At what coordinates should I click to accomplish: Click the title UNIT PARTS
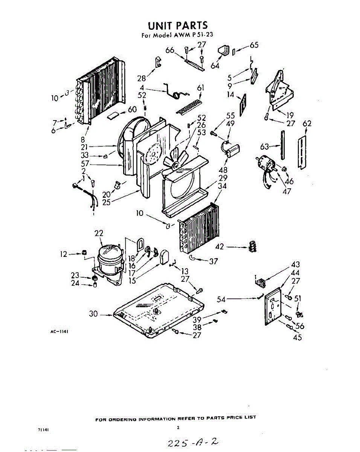[x=178, y=26]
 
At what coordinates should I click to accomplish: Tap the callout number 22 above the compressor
[x=99, y=234]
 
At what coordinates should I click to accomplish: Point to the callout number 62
[x=307, y=124]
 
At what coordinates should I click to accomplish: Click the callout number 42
[x=220, y=247]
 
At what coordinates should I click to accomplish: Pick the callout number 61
[x=201, y=88]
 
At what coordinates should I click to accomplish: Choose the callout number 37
[x=213, y=261]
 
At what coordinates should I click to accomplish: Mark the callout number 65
[x=254, y=46]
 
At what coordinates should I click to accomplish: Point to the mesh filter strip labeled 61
[x=189, y=107]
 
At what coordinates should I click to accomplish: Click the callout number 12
[x=64, y=254]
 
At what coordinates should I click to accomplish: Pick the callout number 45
[x=297, y=337]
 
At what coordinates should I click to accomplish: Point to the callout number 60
[x=132, y=110]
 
